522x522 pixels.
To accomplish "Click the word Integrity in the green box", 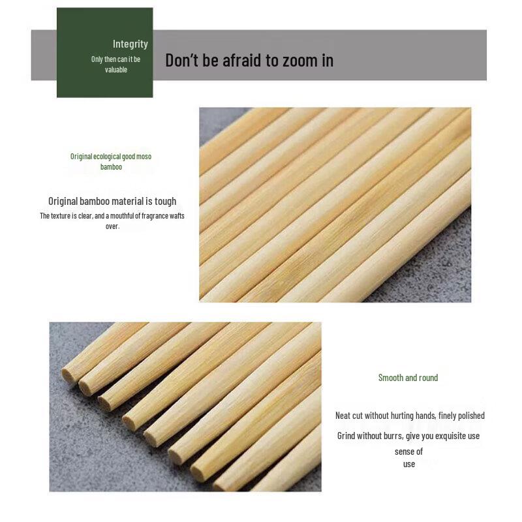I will [130, 44].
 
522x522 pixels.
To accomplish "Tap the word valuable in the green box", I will [116, 70].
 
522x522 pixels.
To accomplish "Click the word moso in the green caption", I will [144, 157].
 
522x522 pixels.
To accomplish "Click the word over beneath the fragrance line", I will [112, 226].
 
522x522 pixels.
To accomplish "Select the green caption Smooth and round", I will [408, 378].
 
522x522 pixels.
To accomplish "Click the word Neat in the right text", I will [343, 416].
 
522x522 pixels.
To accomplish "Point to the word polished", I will [469, 416].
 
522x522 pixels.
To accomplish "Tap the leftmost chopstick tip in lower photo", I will [67, 375].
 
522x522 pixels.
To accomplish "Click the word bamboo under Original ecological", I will [111, 167].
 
